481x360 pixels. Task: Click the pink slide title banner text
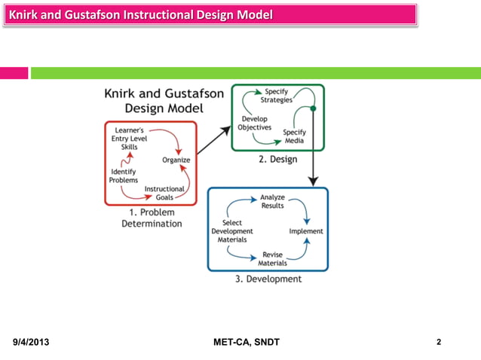[139, 16]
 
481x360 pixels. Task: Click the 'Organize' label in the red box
[176, 160]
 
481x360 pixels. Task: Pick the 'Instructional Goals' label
[164, 193]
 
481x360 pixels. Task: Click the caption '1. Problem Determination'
[152, 218]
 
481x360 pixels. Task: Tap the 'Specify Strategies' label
[277, 96]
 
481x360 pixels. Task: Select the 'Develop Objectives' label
[255, 124]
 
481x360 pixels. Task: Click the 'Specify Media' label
[294, 136]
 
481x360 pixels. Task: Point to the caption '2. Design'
[278, 160]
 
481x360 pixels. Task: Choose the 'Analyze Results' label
[272, 201]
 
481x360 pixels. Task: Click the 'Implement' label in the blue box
[306, 231]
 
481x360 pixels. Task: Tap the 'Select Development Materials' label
[232, 231]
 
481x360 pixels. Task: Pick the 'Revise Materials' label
[272, 259]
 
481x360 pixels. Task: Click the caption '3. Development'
[268, 279]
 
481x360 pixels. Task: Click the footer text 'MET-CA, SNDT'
[247, 343]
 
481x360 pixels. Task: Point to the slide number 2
[439, 343]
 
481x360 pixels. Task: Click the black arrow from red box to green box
[214, 139]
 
